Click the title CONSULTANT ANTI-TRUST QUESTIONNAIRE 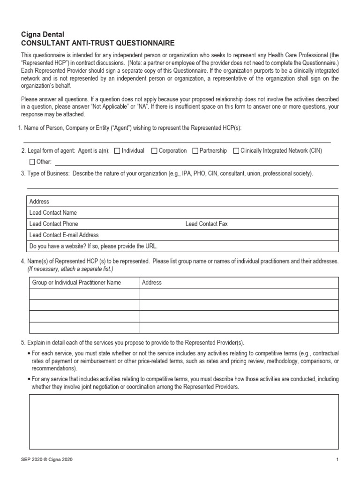(97, 43)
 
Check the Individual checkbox (117, 151)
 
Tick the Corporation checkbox (154, 151)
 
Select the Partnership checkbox (195, 151)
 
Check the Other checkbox (32, 162)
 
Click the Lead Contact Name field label (53, 213)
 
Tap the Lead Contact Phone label (53, 224)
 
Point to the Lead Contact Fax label (206, 224)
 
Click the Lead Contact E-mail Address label (64, 235)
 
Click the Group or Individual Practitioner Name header (76, 283)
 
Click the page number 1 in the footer (337, 460)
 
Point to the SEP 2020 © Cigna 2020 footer (46, 460)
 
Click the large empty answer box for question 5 (183, 422)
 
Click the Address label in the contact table (39, 202)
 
